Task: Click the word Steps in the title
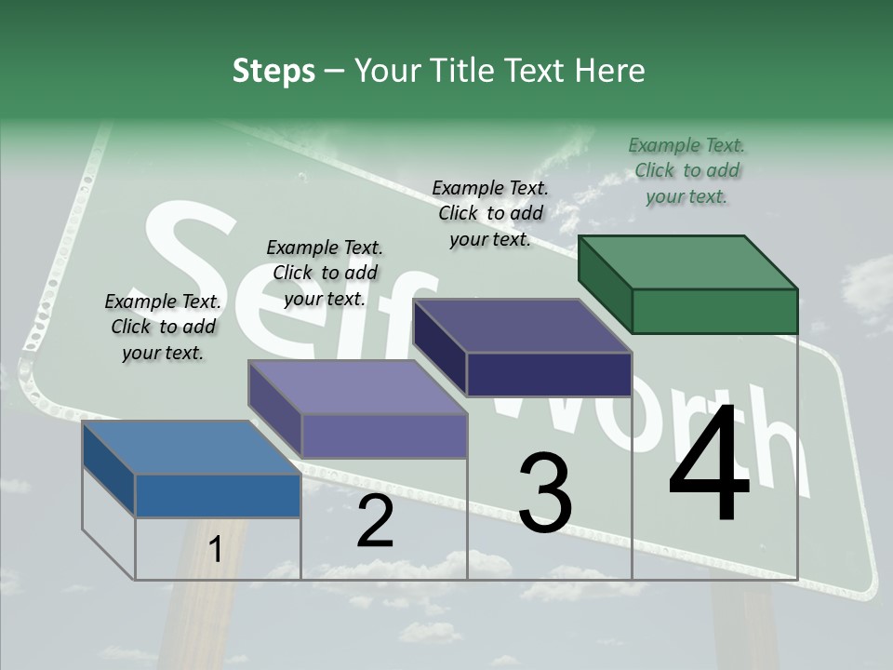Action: (273, 71)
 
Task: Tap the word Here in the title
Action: (610, 71)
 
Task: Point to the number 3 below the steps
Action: (544, 493)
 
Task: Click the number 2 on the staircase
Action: (375, 522)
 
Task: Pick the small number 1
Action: (215, 550)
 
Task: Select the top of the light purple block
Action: (357, 387)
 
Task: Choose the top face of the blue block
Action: (192, 448)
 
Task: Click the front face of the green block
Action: (714, 311)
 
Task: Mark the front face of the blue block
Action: (218, 496)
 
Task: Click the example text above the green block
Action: (686, 170)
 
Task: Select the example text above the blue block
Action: (163, 328)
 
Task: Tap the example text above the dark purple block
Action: (490, 213)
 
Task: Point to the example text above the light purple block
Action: (325, 273)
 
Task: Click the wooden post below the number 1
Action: (217, 614)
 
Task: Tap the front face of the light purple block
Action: (383, 435)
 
